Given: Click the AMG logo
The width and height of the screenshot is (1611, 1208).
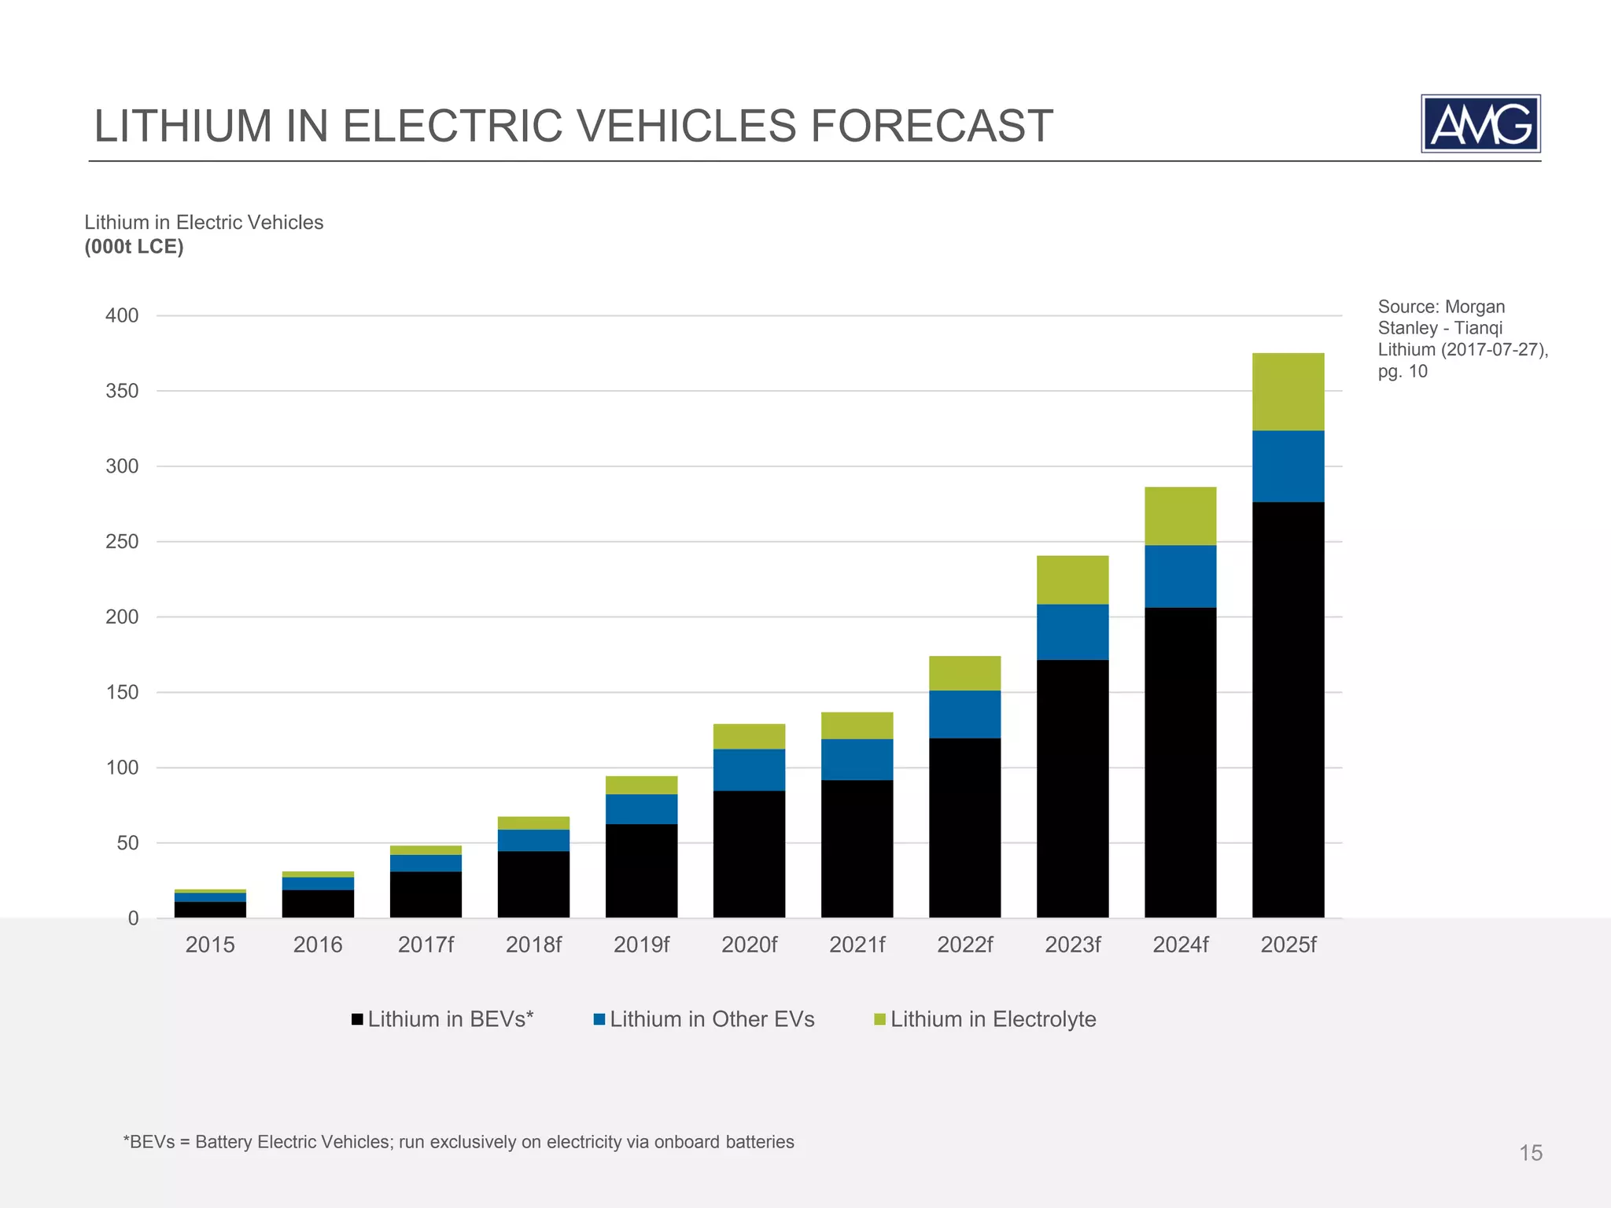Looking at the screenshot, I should pyautogui.click(x=1480, y=123).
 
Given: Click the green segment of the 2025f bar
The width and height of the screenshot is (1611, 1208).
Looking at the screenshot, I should pyautogui.click(x=1288, y=392).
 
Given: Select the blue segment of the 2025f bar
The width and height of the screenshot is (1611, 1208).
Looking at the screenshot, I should pyautogui.click(x=1288, y=466).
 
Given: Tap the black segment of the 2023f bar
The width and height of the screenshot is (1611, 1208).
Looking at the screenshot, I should pyautogui.click(x=1072, y=788).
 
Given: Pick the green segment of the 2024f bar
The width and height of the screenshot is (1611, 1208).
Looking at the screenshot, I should pyautogui.click(x=1180, y=516).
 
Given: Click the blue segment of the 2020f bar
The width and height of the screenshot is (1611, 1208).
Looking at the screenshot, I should pyautogui.click(x=749, y=769).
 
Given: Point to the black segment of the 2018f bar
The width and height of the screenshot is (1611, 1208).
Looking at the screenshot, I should pyautogui.click(x=533, y=884).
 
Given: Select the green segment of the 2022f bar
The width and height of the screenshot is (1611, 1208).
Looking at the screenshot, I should pyautogui.click(x=964, y=673).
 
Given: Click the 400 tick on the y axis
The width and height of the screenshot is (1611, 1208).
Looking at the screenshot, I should pyautogui.click(x=122, y=315).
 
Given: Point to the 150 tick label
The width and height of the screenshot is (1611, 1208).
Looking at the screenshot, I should pyautogui.click(x=122, y=692).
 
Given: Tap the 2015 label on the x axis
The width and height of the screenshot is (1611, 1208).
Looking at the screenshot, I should pyautogui.click(x=210, y=945).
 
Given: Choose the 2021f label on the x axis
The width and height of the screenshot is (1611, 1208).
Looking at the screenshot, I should pyautogui.click(x=857, y=945).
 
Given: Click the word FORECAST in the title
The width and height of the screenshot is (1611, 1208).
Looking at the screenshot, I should pyautogui.click(x=931, y=126).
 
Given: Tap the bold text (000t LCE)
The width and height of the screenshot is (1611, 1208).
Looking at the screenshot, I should pyautogui.click(x=134, y=247).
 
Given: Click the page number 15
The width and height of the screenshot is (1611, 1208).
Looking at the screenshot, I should pyautogui.click(x=1530, y=1153).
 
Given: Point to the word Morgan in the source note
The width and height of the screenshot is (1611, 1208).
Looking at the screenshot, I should pyautogui.click(x=1475, y=307).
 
